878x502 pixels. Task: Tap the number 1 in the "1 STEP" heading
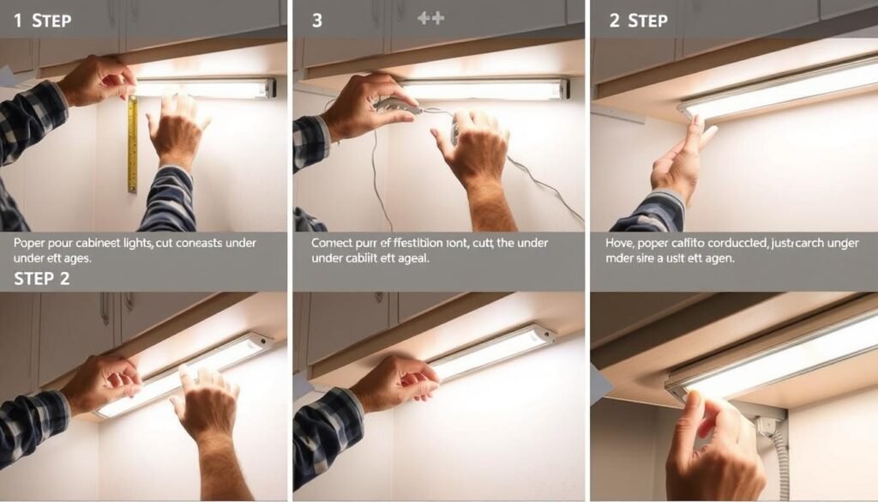[x=18, y=20]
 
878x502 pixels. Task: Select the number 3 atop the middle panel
[x=317, y=20]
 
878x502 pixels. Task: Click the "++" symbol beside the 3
[x=430, y=18]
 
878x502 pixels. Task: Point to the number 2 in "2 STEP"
[x=614, y=20]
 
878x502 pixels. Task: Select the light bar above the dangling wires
[x=484, y=89]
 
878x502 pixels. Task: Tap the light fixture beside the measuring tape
[x=206, y=88]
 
